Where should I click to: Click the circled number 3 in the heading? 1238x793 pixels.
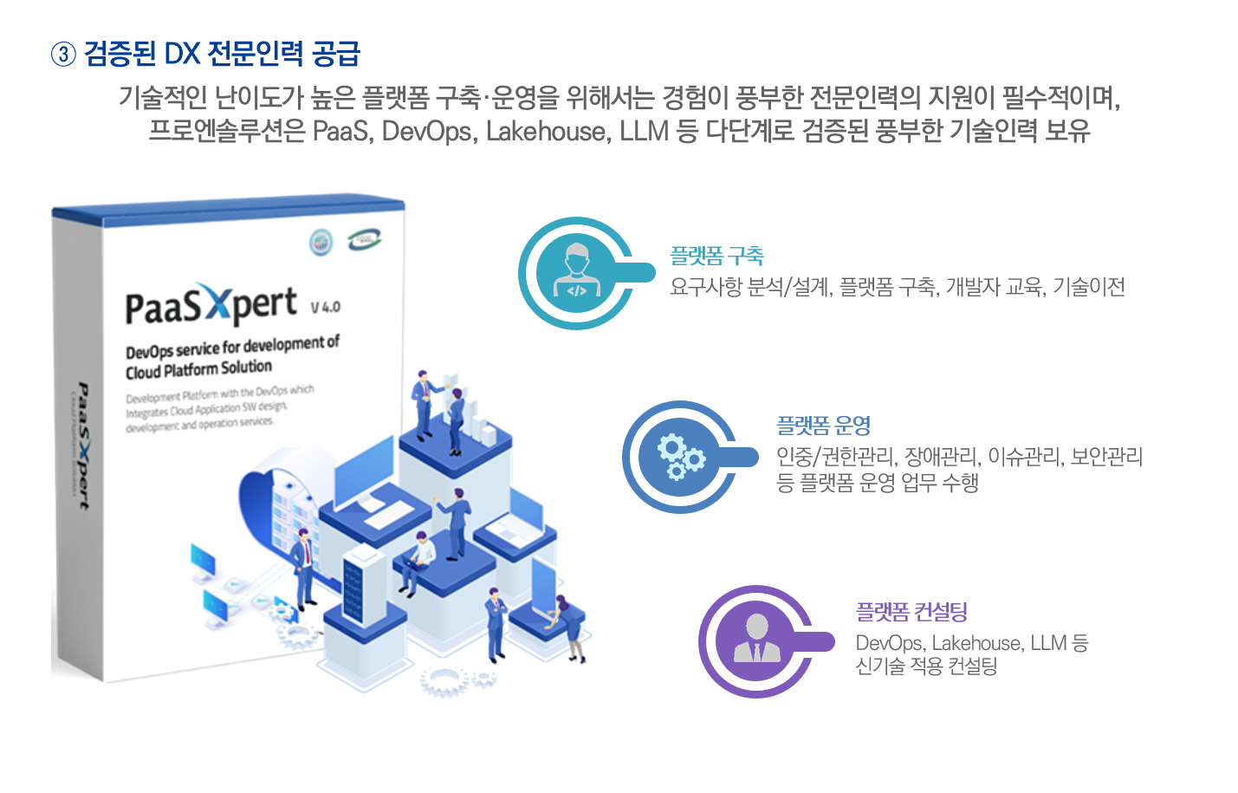[64, 55]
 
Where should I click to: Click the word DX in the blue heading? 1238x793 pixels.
[182, 54]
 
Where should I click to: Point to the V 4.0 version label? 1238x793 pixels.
[326, 307]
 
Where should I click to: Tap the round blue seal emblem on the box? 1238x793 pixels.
[321, 243]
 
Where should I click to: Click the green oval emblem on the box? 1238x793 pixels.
[364, 240]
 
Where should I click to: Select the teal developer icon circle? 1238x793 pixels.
[575, 273]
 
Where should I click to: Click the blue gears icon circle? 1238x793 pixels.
[679, 457]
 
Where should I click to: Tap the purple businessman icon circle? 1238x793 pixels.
[755, 641]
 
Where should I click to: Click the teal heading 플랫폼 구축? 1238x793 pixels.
[716, 256]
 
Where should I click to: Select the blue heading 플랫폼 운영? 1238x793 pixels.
[823, 426]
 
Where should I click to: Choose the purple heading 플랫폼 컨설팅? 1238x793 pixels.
[911, 612]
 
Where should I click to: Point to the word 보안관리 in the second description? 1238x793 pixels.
[1106, 456]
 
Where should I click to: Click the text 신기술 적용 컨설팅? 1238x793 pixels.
[926, 666]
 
